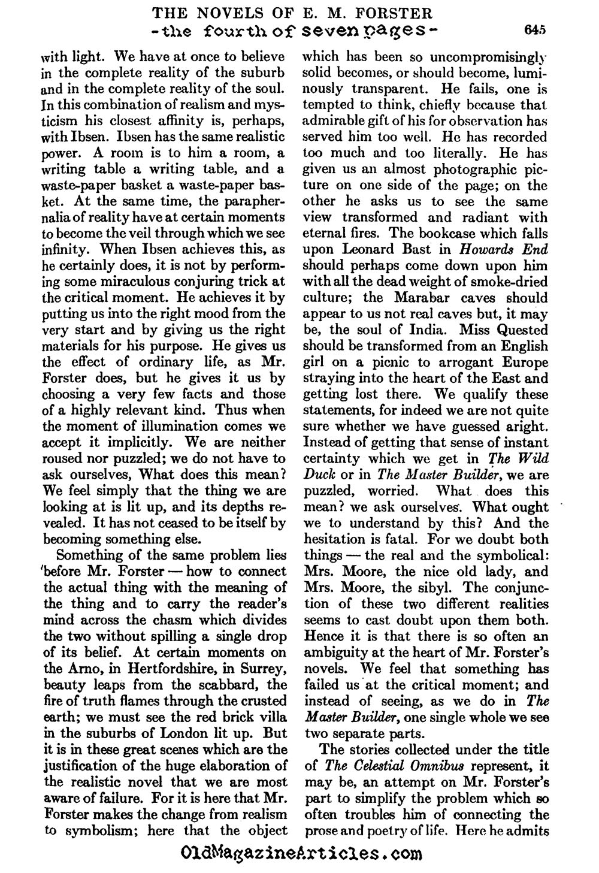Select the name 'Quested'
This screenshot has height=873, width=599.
[x=521, y=330]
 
